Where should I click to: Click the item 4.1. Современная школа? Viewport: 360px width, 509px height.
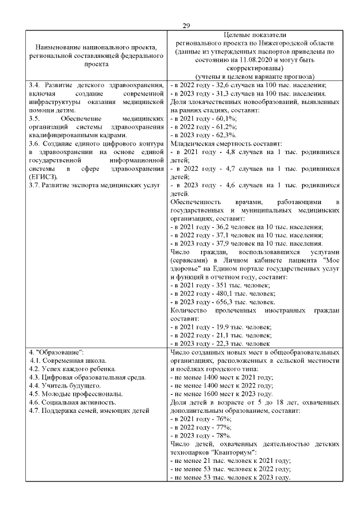point(68,361)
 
